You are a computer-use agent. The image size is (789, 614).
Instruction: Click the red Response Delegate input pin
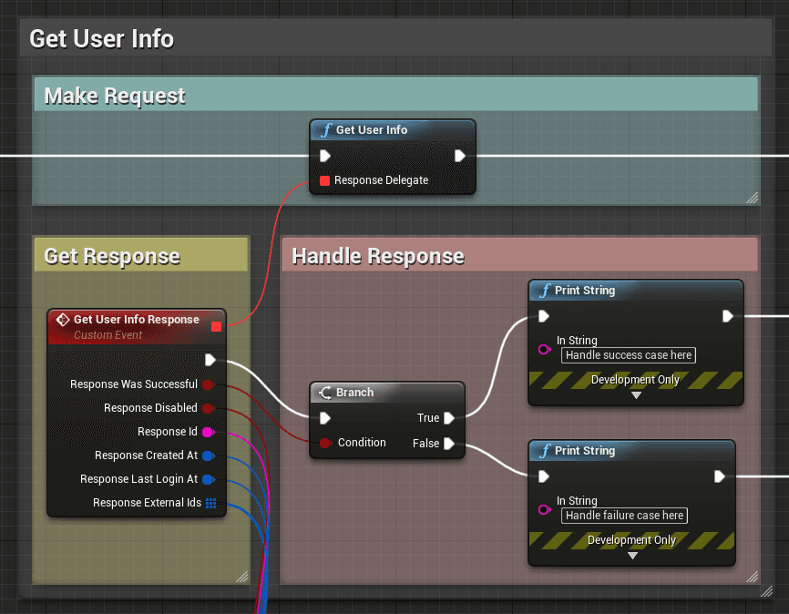324,180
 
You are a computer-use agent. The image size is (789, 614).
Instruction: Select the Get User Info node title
371,130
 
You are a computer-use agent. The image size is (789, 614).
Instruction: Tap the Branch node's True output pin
448,418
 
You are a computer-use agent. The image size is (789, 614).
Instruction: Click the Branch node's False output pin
448,444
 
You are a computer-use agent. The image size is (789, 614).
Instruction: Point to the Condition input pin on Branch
325,443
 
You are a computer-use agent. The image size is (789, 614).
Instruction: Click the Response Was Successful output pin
208,384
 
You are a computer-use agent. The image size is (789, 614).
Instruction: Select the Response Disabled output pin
208,408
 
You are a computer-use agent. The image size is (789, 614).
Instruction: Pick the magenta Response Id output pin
208,432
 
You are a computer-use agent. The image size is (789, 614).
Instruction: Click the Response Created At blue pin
208,455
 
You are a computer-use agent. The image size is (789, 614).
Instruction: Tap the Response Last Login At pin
208,479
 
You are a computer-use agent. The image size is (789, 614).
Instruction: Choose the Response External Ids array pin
210,503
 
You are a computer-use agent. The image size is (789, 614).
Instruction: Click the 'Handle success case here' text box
628,355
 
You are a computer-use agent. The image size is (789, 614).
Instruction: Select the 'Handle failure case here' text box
624,516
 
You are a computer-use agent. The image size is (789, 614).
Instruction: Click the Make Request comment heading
115,96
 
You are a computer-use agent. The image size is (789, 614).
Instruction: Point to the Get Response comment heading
112,256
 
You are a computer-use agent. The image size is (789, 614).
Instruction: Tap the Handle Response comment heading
378,257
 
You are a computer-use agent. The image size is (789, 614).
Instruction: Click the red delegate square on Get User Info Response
216,326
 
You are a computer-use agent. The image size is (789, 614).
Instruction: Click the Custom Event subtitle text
108,335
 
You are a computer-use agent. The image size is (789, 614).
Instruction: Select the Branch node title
354,393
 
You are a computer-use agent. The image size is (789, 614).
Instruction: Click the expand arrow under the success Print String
636,395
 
